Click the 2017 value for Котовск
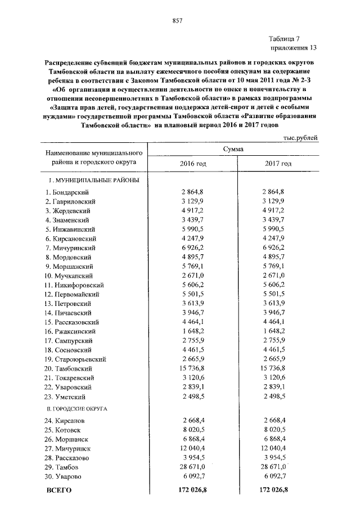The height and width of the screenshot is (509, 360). click(278, 430)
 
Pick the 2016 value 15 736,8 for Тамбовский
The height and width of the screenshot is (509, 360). click(193, 367)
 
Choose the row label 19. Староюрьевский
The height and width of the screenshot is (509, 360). click(75, 359)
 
